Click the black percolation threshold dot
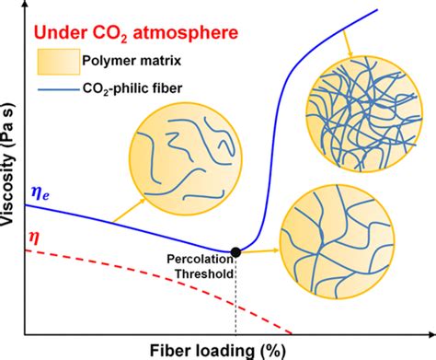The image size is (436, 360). coord(236,251)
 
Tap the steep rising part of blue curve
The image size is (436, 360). coord(275,138)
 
